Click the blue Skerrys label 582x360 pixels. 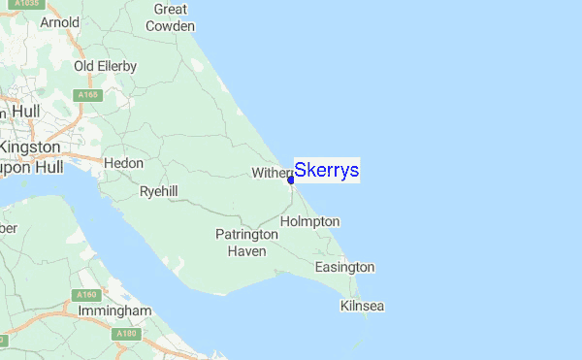pyautogui.click(x=327, y=171)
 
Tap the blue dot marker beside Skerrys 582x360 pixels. pyautogui.click(x=291, y=180)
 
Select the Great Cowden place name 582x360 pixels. pyautogui.click(x=170, y=17)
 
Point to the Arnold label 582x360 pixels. pyautogui.click(x=59, y=21)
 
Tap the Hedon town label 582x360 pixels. pyautogui.click(x=123, y=163)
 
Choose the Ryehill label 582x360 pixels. pyautogui.click(x=158, y=192)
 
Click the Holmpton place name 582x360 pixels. pyautogui.click(x=309, y=221)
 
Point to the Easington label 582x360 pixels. pyautogui.click(x=344, y=267)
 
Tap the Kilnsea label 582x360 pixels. pyautogui.click(x=363, y=306)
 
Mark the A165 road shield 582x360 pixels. pyautogui.click(x=89, y=95)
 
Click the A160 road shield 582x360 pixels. pyautogui.click(x=84, y=294)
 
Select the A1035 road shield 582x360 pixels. pyautogui.click(x=43, y=3)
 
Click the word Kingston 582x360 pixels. pyautogui.click(x=30, y=147)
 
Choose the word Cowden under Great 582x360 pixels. pyautogui.click(x=170, y=26)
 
